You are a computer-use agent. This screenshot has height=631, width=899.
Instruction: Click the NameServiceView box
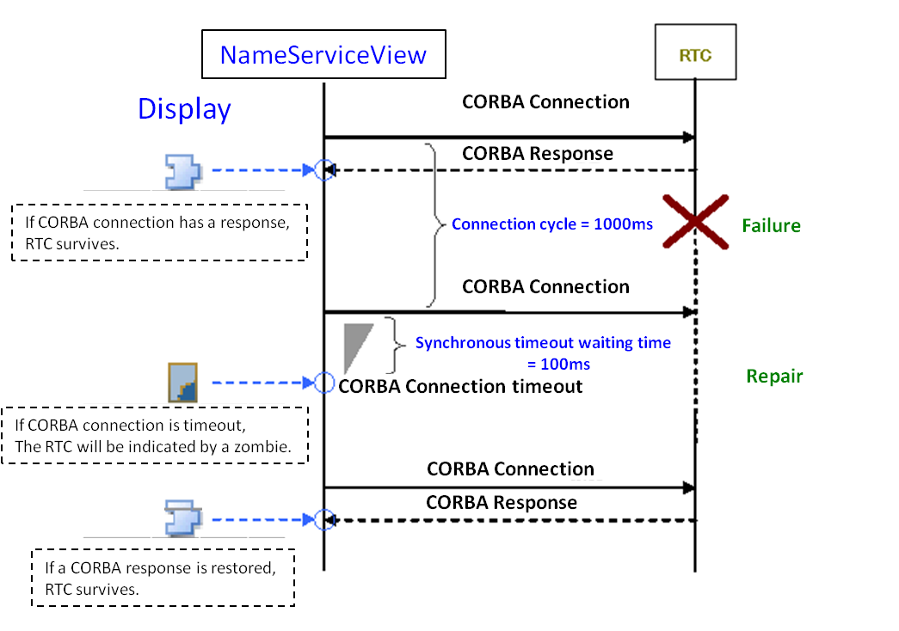(x=323, y=56)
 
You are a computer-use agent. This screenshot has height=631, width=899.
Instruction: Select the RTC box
(x=695, y=56)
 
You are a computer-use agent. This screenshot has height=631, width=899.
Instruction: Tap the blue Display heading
(x=184, y=109)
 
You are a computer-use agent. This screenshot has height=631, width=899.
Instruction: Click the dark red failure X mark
(x=695, y=223)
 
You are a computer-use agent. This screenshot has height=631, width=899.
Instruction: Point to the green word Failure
(x=772, y=226)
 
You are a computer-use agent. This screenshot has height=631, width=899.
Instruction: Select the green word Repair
(x=774, y=377)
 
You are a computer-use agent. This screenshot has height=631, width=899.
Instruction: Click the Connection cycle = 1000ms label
(x=551, y=224)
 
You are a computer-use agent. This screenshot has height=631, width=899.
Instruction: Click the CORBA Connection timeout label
(x=461, y=386)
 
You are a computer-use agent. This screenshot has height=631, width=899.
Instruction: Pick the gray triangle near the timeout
(x=354, y=347)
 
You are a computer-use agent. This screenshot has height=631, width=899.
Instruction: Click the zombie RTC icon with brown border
(x=184, y=383)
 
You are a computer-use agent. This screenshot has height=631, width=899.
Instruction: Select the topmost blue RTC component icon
(x=182, y=170)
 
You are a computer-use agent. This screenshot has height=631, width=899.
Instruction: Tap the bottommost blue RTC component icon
(x=182, y=518)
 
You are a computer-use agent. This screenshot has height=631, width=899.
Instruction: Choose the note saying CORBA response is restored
(x=163, y=579)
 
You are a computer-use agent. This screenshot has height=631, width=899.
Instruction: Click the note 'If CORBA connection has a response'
(x=159, y=232)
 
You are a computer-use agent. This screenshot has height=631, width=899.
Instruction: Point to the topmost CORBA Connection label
(x=545, y=101)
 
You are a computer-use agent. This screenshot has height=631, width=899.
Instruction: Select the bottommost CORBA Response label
(x=502, y=502)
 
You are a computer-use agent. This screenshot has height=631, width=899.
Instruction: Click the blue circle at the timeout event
(x=323, y=383)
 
